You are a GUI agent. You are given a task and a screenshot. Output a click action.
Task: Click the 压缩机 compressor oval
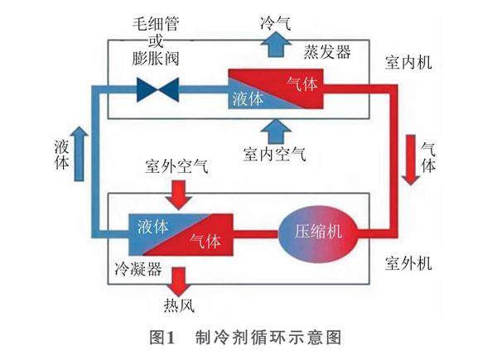pyautogui.click(x=318, y=232)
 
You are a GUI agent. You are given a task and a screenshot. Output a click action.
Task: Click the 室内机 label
pyautogui.click(x=408, y=63)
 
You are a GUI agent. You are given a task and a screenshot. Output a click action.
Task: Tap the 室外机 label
pyautogui.click(x=408, y=265)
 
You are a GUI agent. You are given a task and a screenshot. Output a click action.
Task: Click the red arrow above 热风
pyautogui.click(x=177, y=279)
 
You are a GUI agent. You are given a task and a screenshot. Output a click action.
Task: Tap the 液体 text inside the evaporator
pyautogui.click(x=248, y=98)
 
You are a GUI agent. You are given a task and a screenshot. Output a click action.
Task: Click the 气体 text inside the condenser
pyautogui.click(x=205, y=241)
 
